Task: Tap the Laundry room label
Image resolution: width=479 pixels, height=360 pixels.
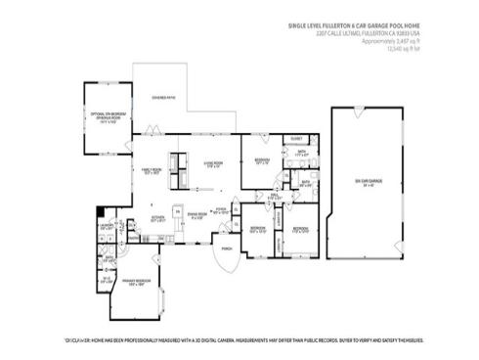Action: pyautogui.click(x=106, y=227)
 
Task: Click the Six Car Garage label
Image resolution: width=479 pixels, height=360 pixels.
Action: pyautogui.click(x=367, y=182)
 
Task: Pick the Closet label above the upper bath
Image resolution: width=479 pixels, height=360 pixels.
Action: pyautogui.click(x=296, y=140)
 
